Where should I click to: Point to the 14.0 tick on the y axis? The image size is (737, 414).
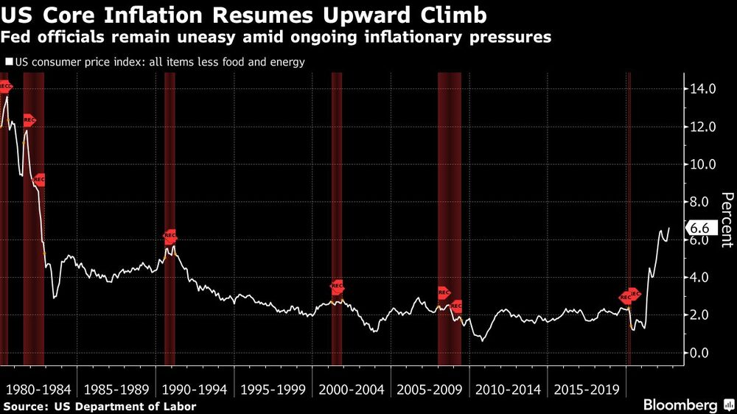(x=702, y=89)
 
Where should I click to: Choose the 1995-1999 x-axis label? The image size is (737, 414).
(x=271, y=388)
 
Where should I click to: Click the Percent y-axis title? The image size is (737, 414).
(x=727, y=219)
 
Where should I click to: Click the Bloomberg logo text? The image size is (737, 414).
(x=680, y=405)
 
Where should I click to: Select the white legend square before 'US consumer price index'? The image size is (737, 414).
(x=9, y=63)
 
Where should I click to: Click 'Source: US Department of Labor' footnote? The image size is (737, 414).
(x=100, y=406)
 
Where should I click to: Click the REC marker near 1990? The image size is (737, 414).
(x=170, y=236)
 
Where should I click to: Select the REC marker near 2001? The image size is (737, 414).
(x=338, y=287)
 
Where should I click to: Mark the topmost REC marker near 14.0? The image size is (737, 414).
(x=5, y=87)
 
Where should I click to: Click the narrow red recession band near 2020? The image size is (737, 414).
(x=629, y=221)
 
